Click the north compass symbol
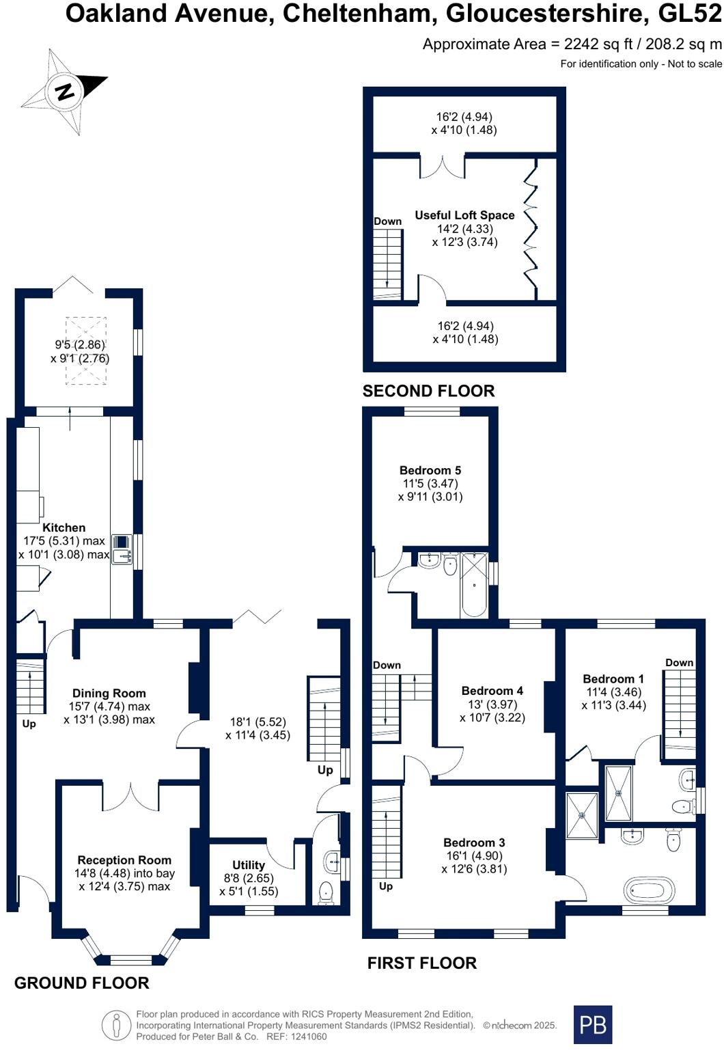tap(66, 91)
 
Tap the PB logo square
tap(592, 1024)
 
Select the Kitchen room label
tap(64, 527)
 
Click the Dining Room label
tap(109, 693)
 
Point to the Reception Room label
tap(124, 860)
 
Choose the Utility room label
tap(248, 865)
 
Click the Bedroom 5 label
tap(430, 470)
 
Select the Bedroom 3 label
tap(474, 842)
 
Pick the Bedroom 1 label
tap(613, 679)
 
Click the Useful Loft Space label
tap(464, 215)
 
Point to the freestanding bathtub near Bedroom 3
tap(649, 891)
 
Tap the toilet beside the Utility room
tap(326, 892)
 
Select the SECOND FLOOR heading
tap(428, 391)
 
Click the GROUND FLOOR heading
tap(81, 983)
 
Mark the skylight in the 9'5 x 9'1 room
tap(85, 351)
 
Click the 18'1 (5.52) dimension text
tap(257, 722)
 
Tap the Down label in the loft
tap(387, 221)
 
